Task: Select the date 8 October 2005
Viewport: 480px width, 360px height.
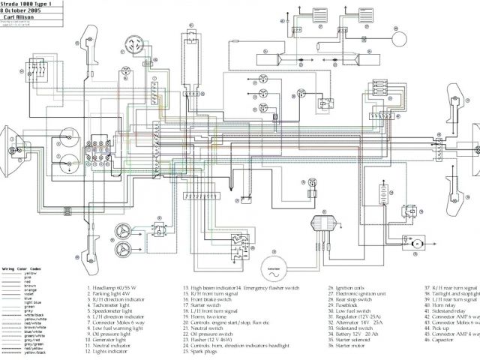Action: click(22, 10)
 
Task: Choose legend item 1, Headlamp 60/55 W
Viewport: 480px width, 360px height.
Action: click(115, 287)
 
